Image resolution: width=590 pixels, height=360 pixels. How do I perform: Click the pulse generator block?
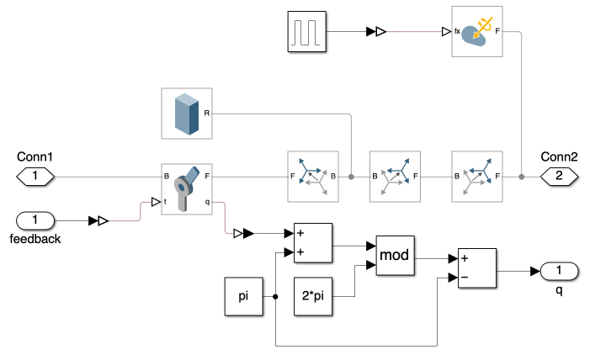[x=306, y=31]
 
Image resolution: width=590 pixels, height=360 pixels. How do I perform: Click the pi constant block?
[x=244, y=296]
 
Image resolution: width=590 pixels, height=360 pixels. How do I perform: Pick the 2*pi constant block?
[x=313, y=296]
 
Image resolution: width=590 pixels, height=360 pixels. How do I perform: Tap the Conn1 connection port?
[x=35, y=177]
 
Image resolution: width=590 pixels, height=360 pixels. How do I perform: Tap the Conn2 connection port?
[x=559, y=177]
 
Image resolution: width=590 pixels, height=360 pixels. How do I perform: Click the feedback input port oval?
[x=35, y=220]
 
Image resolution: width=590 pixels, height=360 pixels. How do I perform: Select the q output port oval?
[x=559, y=271]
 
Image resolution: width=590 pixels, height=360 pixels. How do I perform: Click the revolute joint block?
[x=187, y=189]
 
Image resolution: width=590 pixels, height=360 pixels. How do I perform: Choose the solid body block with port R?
[x=187, y=114]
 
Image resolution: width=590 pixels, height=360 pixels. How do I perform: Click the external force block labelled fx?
[x=477, y=31]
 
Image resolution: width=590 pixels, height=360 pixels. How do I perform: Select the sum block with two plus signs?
[x=313, y=241]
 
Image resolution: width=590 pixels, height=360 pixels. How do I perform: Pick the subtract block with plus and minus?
[x=476, y=269]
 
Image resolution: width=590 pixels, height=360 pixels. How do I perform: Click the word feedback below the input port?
[x=35, y=239]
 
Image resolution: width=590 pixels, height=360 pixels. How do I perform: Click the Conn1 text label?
[x=35, y=156]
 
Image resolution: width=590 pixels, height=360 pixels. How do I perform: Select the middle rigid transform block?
[x=395, y=177]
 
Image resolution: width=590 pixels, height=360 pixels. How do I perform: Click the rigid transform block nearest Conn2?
[x=477, y=177]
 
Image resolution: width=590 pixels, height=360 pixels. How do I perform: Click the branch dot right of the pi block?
[x=276, y=296]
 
